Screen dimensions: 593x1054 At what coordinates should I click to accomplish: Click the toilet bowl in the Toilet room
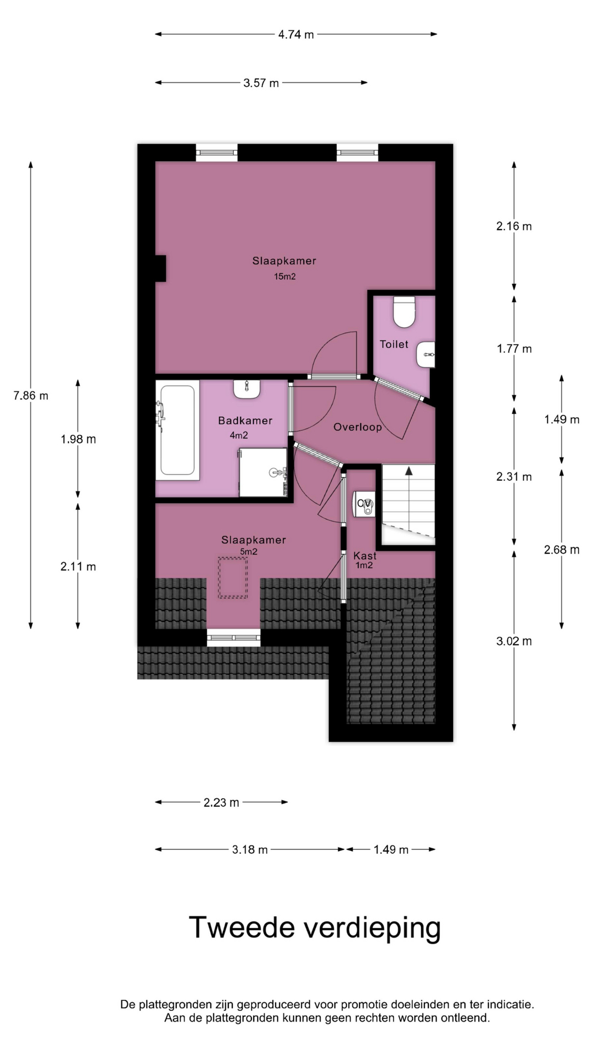point(404,312)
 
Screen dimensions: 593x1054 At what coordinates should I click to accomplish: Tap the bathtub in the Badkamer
point(177,430)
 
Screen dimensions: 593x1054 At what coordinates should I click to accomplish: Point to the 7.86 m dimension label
point(31,395)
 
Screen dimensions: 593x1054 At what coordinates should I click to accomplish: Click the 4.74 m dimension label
point(296,35)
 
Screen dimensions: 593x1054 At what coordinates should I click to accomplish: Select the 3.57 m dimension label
point(261,83)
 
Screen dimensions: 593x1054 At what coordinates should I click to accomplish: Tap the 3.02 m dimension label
point(514,641)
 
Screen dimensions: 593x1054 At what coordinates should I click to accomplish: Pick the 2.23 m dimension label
point(221,803)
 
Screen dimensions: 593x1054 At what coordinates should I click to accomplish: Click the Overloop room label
point(357,427)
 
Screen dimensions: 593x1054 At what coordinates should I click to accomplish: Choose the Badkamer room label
point(245,421)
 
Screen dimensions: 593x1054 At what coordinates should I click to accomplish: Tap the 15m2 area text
point(285,277)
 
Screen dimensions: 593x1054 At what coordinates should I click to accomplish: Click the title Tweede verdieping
point(315,928)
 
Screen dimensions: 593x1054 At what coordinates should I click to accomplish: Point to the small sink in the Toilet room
point(426,355)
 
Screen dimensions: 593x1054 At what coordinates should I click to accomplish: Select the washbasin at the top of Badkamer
point(247,389)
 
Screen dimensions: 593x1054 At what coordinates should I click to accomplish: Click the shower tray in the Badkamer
point(264,473)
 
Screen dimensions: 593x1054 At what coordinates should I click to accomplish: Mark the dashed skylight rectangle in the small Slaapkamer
point(233,578)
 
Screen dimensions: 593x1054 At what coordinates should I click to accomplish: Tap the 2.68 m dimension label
point(562,550)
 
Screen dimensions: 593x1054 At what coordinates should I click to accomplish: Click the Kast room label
point(365,556)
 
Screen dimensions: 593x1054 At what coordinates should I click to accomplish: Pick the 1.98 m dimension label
point(79,439)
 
